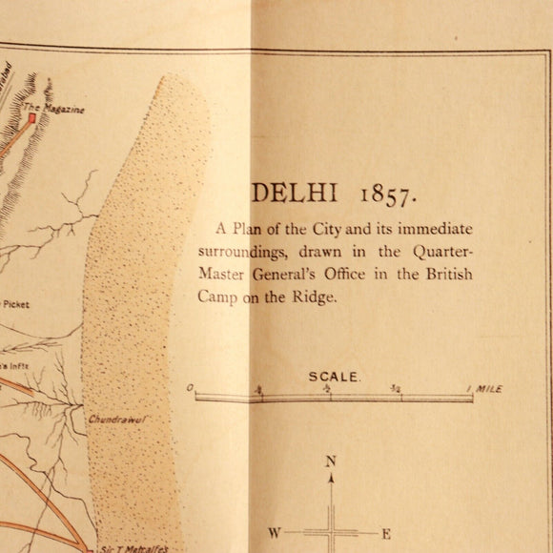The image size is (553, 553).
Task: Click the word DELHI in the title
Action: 295,193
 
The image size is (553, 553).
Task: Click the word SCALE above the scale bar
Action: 334,377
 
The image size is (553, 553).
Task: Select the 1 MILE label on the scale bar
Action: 484,389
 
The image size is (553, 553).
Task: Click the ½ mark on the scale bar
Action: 328,389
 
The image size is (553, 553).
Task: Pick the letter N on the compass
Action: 331,461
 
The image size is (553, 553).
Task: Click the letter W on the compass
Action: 274,533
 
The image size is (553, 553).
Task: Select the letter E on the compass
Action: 386,533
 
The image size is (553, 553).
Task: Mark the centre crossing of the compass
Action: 331,532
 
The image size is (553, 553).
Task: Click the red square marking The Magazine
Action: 31,118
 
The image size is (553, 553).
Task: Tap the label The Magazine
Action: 61,110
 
